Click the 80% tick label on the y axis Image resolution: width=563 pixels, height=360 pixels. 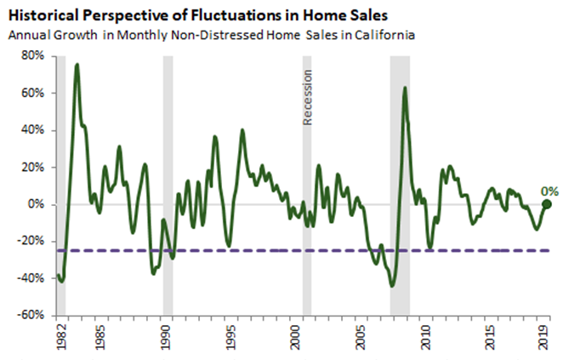[32, 56]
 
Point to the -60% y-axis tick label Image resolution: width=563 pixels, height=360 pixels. [31, 315]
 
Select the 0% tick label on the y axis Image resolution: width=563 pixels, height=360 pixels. [36, 204]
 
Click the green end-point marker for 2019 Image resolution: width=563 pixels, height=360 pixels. [547, 204]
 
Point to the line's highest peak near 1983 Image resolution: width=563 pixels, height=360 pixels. [77, 65]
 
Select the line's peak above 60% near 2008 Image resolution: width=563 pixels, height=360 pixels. [404, 88]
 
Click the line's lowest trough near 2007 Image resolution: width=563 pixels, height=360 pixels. [392, 286]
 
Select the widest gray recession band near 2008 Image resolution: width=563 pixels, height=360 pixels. [400, 187]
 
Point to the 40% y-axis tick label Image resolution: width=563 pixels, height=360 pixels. [32, 130]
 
